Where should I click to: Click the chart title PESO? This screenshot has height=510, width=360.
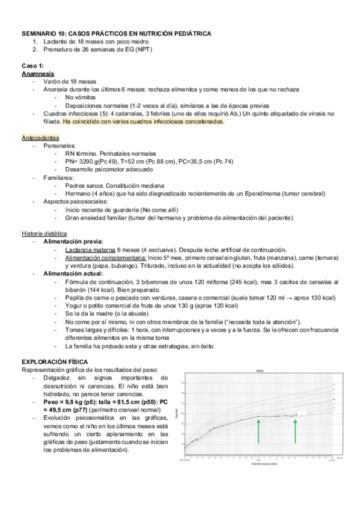[x=260, y=372]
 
